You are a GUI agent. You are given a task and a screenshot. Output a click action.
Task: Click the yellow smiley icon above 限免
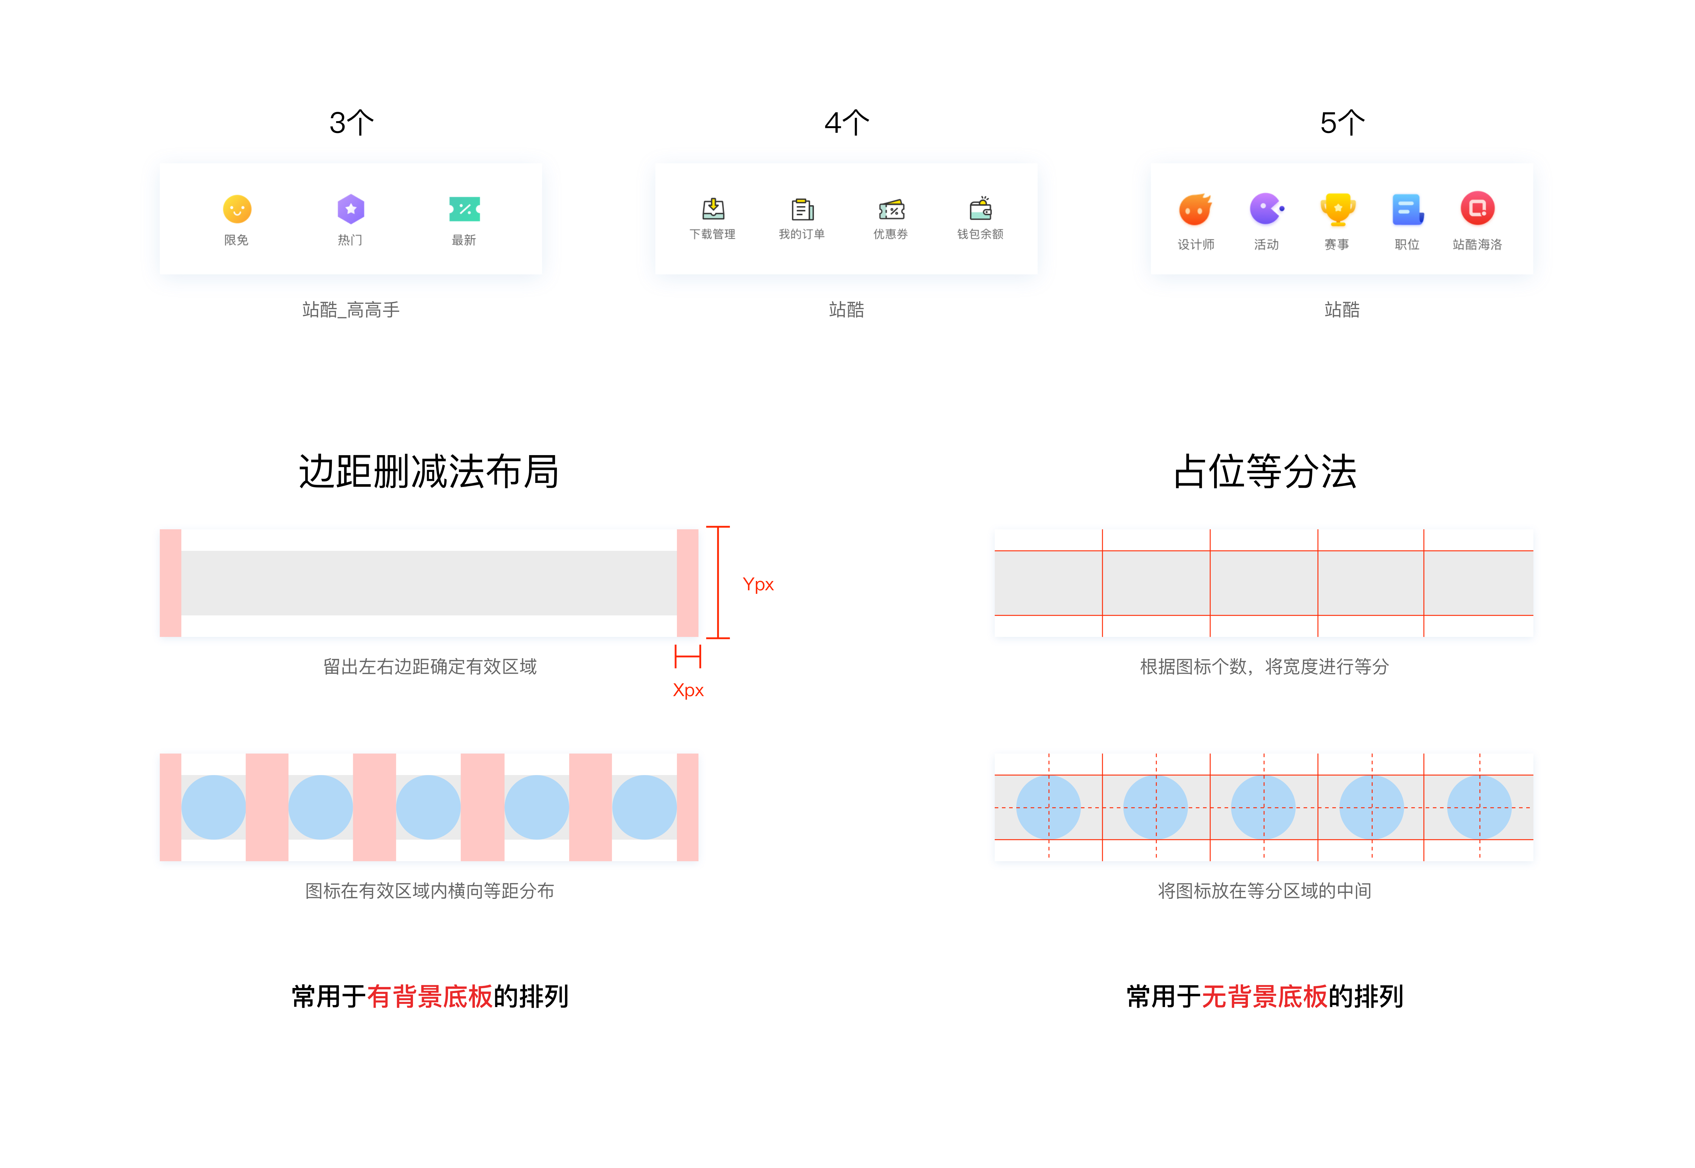click(x=236, y=209)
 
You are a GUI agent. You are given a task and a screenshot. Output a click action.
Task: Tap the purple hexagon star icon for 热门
click(x=351, y=209)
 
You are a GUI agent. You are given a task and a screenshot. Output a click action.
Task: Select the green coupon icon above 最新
click(x=464, y=209)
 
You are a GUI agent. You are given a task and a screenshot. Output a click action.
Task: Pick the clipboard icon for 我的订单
click(x=802, y=209)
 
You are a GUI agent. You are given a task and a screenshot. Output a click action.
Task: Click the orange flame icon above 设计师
click(x=1195, y=209)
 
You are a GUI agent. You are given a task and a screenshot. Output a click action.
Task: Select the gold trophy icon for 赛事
click(x=1338, y=209)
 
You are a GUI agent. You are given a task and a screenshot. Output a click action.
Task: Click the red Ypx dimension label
click(x=758, y=584)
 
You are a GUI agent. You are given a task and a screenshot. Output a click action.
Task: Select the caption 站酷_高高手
click(x=351, y=309)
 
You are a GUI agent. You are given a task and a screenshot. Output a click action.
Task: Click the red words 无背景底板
click(x=1264, y=996)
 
